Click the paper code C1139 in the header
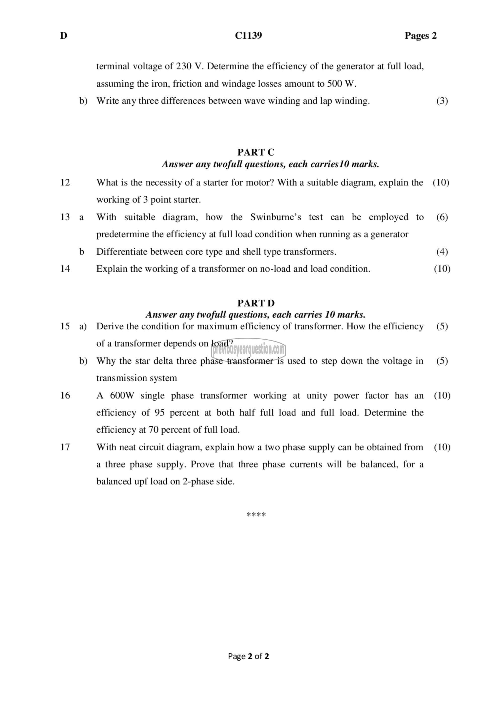248,36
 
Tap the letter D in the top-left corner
63,36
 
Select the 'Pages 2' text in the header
420,36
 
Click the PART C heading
256,152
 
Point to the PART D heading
256,303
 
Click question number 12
65,182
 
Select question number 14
65,269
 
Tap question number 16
65,396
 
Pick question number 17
65,447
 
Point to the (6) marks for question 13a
442,217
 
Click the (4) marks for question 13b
442,252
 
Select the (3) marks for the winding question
442,101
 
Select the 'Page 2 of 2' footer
248,656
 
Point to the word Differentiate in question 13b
122,252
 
